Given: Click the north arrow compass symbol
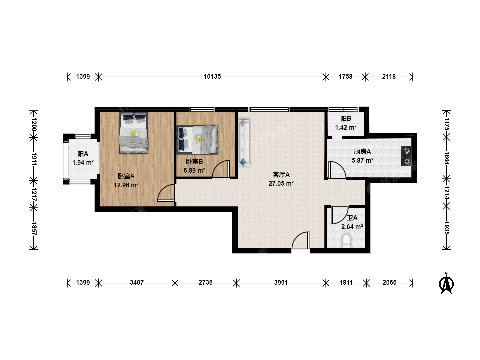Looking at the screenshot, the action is point(446,283).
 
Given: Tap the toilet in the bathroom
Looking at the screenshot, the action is point(346,241).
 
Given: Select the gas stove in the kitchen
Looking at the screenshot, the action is point(406,156).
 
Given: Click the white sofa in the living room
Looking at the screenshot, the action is point(244,143).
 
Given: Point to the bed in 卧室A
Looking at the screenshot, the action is point(134,133).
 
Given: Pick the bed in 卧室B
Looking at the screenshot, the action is point(197,139).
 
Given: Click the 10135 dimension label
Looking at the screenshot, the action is point(212,77).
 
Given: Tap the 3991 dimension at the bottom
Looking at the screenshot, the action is point(281,283).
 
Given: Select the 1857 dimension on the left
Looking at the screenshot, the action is point(34,229).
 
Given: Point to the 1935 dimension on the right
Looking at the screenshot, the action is point(446,228).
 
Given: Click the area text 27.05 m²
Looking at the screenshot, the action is point(281,183).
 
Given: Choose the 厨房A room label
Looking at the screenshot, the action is point(362,151).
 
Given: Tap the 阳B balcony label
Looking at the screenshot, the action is point(346,118).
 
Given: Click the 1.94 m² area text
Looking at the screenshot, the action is point(83,162).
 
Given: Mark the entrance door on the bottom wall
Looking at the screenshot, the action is point(301,240).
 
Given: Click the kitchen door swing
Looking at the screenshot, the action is point(337,170).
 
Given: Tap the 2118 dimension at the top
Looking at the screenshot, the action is point(389,77).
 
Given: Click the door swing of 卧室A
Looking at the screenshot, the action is point(166,193).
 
